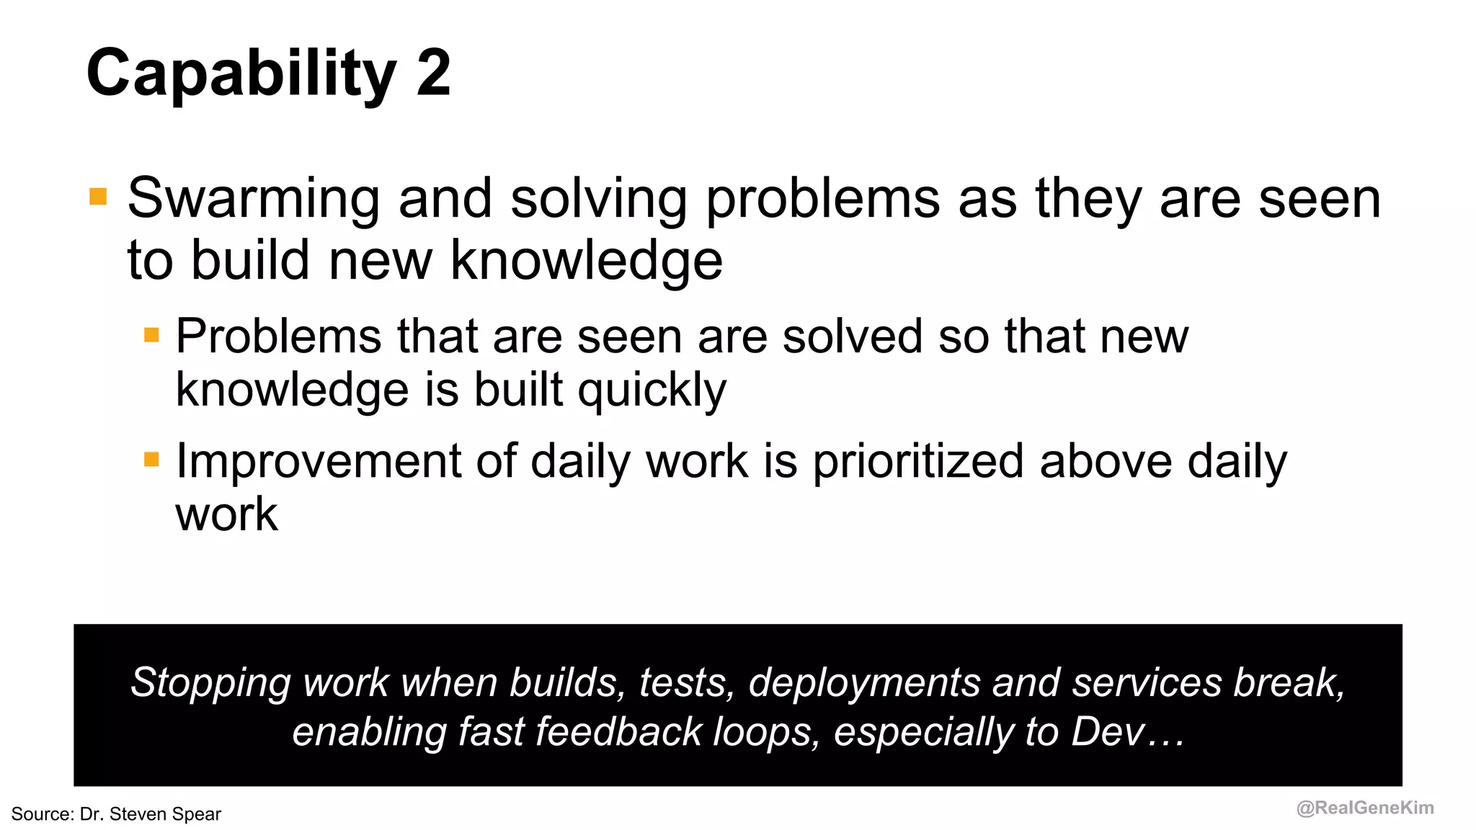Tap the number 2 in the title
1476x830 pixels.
(433, 72)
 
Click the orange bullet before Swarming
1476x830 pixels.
(98, 197)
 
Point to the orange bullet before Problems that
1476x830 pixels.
(151, 335)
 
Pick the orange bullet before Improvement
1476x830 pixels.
(151, 460)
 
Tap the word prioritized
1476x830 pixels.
(918, 461)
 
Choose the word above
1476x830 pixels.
(1106, 461)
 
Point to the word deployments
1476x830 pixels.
(863, 683)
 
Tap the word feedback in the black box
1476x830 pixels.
(619, 732)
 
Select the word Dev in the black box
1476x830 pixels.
(1108, 732)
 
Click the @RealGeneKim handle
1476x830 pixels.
(1365, 808)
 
